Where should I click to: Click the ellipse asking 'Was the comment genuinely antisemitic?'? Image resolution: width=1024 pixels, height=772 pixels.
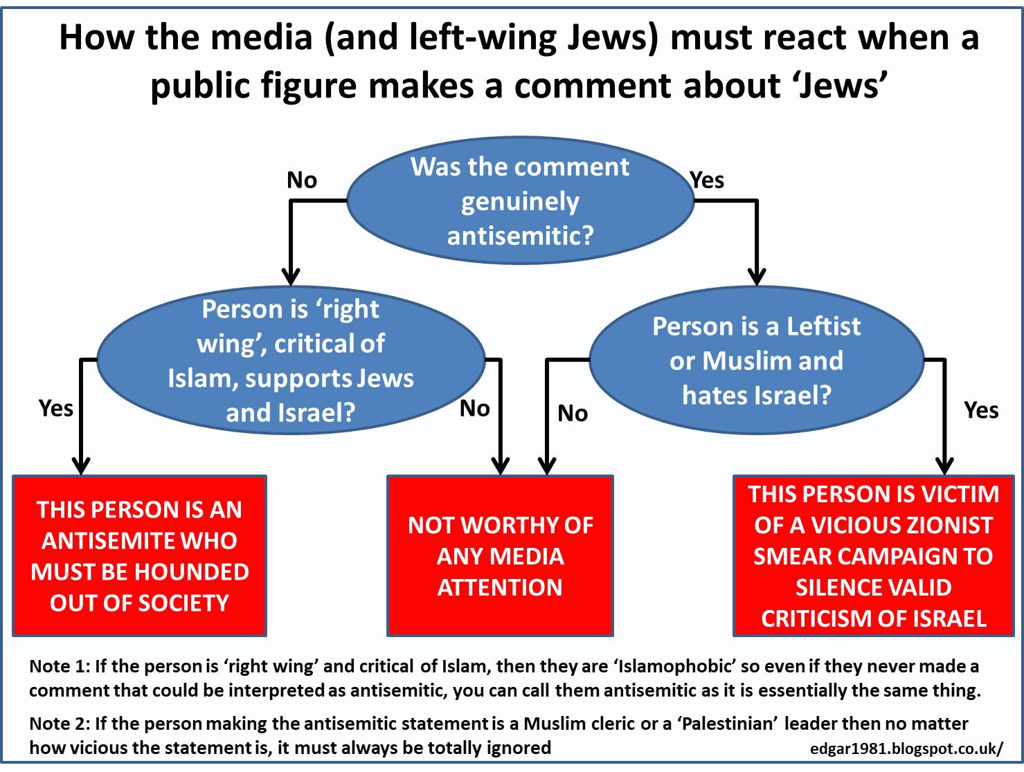pos(520,201)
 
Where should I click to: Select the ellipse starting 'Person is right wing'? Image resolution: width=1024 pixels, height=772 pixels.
pos(291,360)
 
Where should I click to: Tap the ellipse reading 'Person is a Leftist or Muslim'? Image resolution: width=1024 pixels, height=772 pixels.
pos(756,360)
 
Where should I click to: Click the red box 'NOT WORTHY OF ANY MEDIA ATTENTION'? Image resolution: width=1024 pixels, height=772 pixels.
pos(500,555)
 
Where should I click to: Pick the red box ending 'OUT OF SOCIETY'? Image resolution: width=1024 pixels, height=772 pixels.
pos(139,555)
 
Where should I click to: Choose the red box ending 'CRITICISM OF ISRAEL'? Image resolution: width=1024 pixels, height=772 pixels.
pos(873,555)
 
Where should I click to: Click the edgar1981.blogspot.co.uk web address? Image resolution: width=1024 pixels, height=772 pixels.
pos(906,748)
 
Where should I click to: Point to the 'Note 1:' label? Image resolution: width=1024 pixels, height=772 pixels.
pos(59,667)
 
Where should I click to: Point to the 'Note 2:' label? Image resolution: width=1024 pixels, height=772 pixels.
pos(59,724)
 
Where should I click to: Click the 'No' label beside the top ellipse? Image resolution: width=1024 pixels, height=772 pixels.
pos(302,181)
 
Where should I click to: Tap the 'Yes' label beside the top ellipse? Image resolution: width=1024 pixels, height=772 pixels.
pos(707,181)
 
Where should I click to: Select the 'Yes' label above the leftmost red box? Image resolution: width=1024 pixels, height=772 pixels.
pos(56,408)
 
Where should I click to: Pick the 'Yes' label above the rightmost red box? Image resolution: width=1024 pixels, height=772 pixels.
pos(981,410)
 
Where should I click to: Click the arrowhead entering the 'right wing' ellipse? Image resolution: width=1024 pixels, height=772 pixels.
pos(291,277)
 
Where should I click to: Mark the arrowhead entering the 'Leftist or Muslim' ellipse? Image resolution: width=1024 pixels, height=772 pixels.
pos(757,277)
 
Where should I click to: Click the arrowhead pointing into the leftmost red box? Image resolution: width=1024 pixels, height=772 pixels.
pos(81,466)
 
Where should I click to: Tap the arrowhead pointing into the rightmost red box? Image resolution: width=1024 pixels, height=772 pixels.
pos(944,466)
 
